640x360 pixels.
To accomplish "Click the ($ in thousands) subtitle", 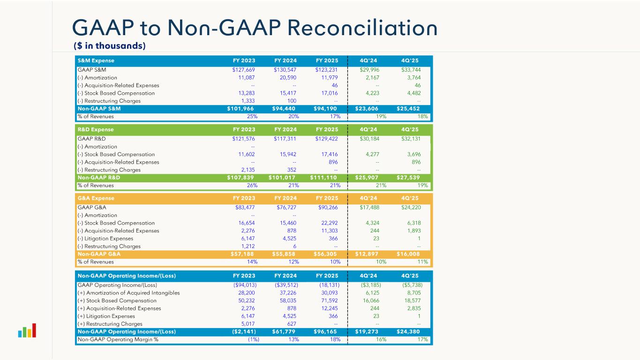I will tap(109, 46).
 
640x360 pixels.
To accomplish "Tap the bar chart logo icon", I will tap(27, 330).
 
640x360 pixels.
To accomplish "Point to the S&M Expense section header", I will tap(96, 61).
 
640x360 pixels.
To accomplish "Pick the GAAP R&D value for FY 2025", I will tap(327, 139).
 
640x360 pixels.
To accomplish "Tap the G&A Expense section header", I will tap(96, 198).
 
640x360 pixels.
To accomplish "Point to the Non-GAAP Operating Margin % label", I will tap(118, 340).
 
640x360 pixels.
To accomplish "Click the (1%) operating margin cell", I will tap(253, 340).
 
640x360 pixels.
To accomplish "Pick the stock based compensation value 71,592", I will tap(328, 300).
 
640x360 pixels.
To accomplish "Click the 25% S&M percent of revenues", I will tap(252, 117).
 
